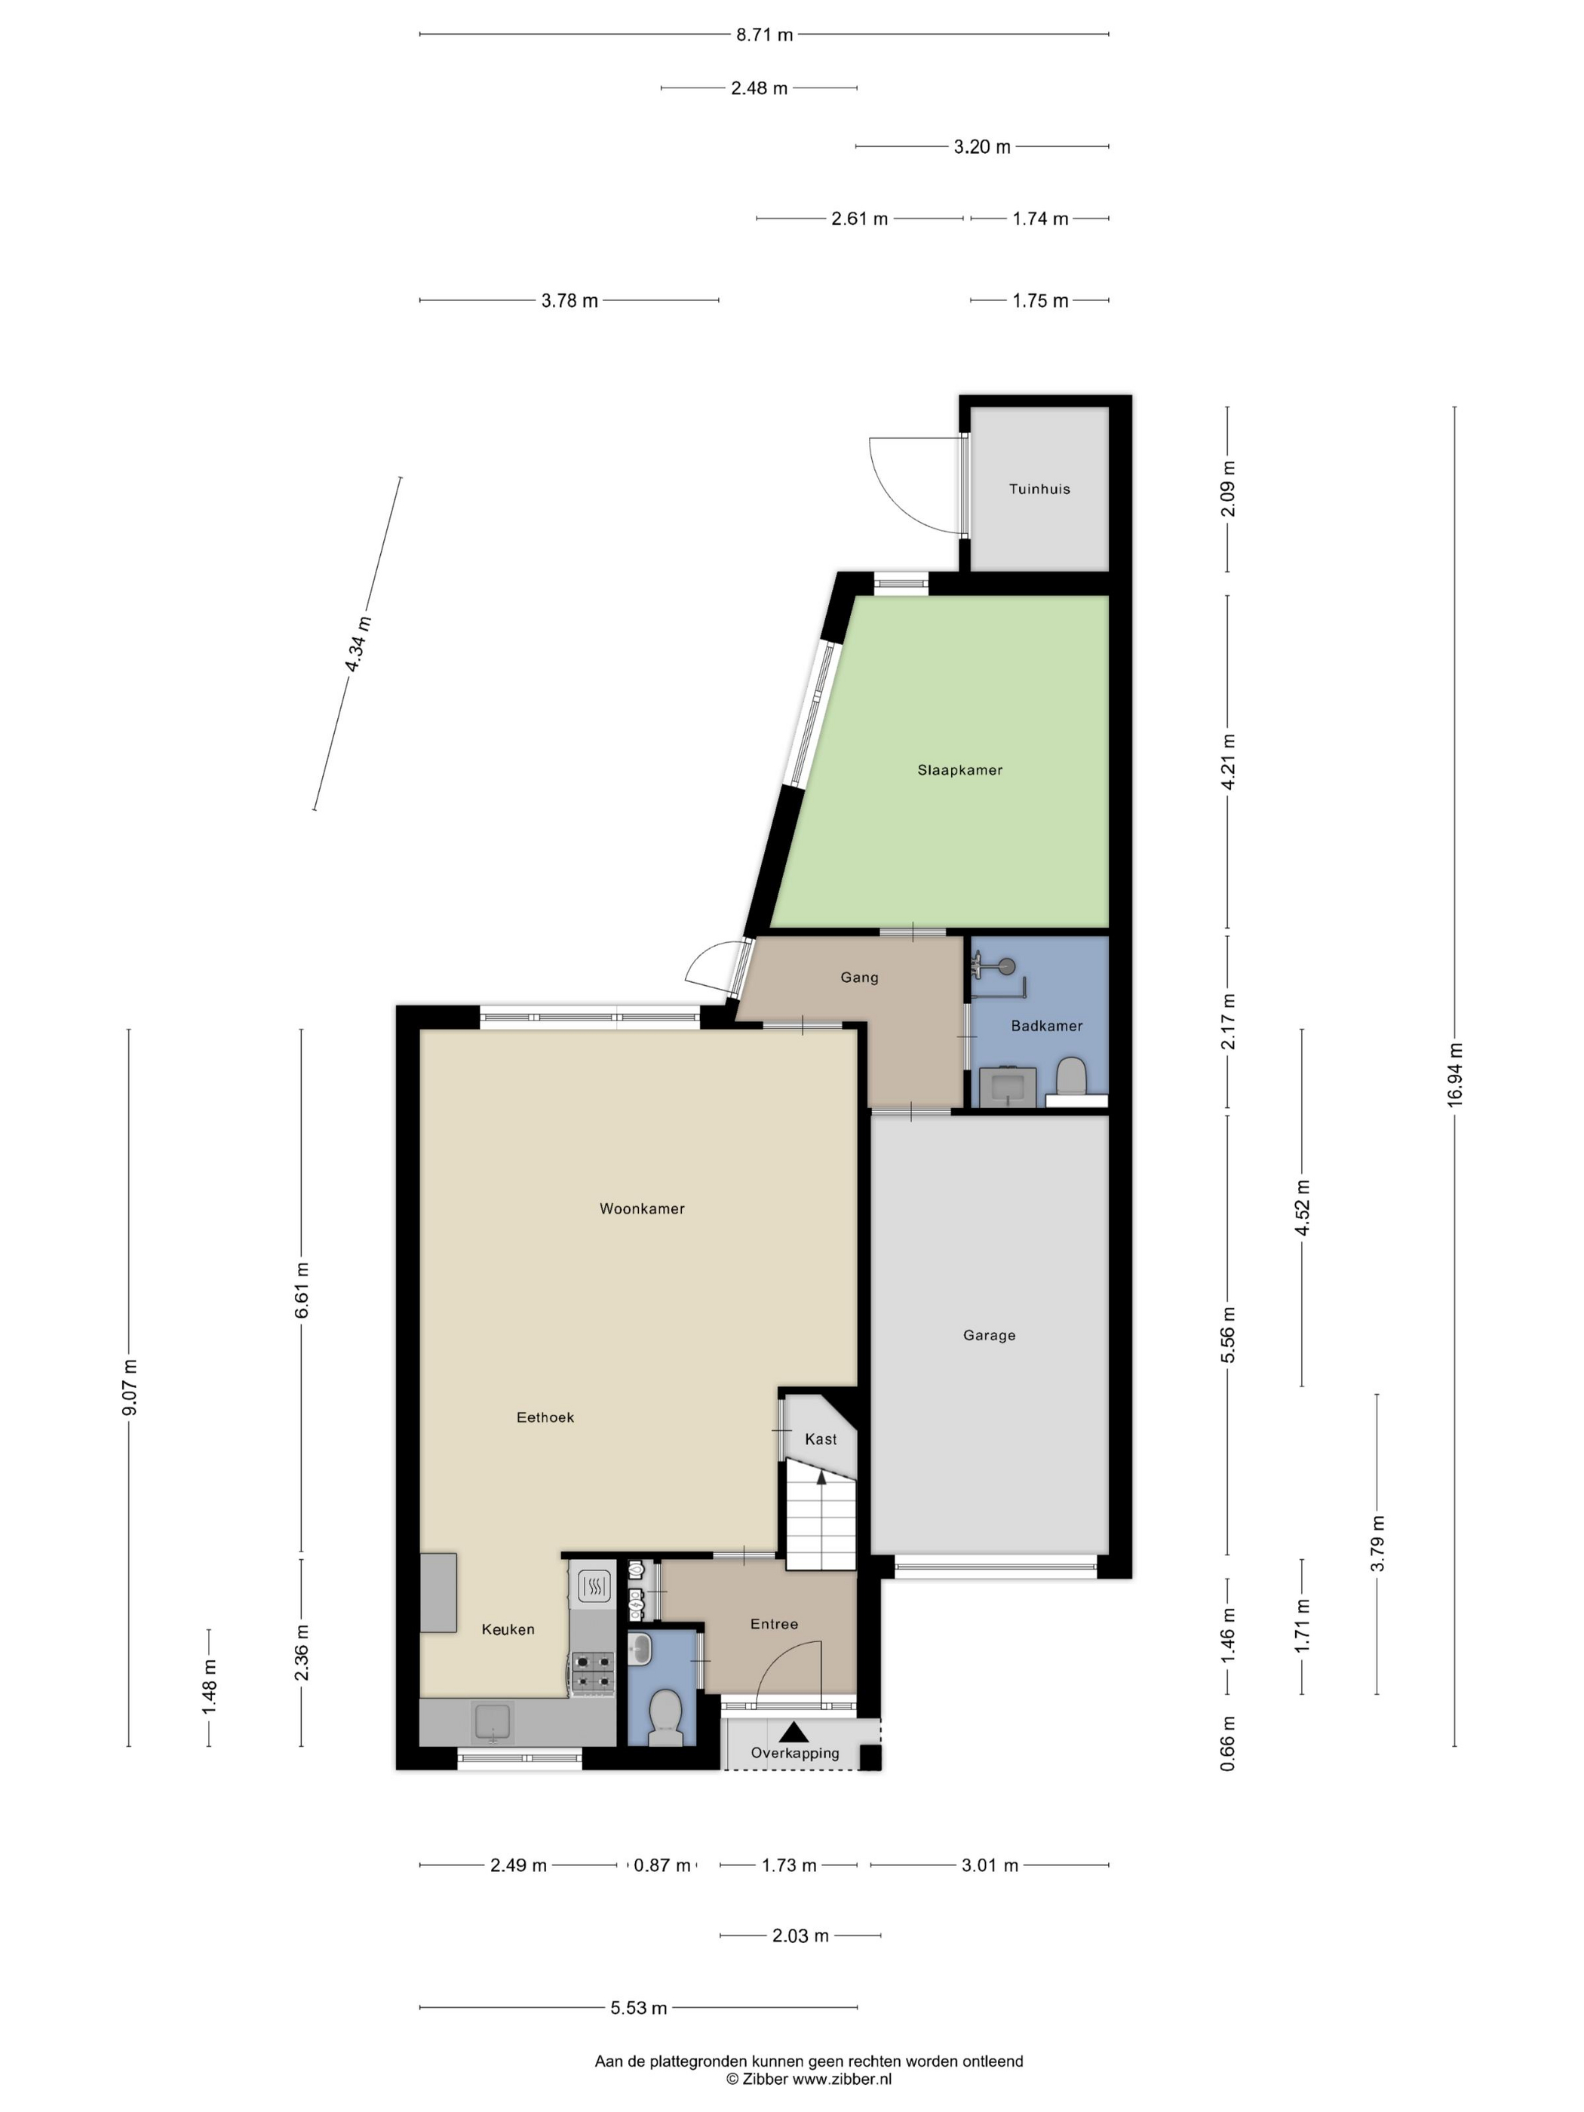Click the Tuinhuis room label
coord(1039,489)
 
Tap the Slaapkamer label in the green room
coord(959,769)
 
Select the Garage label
coord(988,1335)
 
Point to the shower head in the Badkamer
coord(1002,966)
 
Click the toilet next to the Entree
coord(665,1716)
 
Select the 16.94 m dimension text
coord(1454,1075)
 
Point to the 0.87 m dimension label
coord(662,1865)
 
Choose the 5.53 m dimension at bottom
coord(638,2007)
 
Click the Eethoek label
coord(545,1417)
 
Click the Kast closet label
coord(820,1439)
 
